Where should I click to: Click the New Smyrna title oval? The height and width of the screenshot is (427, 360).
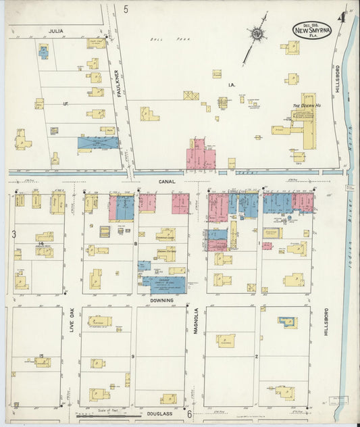[x=311, y=30]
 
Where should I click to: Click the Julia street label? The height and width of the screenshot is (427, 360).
[x=55, y=30]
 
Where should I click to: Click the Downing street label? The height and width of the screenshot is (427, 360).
[x=161, y=300]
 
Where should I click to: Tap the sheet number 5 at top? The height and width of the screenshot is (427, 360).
[x=126, y=9]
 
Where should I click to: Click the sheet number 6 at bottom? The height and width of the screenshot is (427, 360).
[x=190, y=414]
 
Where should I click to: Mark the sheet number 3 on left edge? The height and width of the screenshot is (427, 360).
[x=13, y=234]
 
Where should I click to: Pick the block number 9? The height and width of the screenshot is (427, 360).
[x=133, y=355]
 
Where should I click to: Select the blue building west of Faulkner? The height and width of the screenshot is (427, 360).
[x=97, y=143]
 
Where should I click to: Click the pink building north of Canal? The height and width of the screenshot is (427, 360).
[x=201, y=155]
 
